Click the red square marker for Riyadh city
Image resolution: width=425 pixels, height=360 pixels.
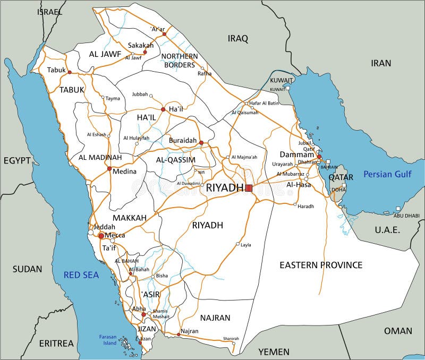[x=249, y=188]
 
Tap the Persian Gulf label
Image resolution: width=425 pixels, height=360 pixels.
[x=387, y=174]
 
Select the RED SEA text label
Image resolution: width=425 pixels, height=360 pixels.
[x=81, y=275]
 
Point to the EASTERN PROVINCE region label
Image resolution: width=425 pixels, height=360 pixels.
[x=321, y=264]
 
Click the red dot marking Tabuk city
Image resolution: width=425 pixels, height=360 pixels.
[x=69, y=72]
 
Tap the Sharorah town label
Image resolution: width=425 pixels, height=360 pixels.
[x=231, y=338]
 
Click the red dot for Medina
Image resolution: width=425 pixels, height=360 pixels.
[x=109, y=169]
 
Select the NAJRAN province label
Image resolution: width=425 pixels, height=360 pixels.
[x=215, y=318]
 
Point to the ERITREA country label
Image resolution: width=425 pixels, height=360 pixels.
[x=56, y=344]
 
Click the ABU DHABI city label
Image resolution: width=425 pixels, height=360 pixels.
[x=406, y=216]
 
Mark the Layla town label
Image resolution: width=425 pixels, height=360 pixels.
[x=246, y=245]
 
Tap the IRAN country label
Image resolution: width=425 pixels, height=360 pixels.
[x=381, y=63]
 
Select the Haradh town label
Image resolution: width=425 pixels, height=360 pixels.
[x=306, y=206]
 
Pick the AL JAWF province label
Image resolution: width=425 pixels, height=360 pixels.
[x=91, y=54]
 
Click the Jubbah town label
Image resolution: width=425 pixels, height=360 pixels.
[x=140, y=95]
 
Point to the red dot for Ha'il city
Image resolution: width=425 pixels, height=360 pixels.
[x=163, y=109]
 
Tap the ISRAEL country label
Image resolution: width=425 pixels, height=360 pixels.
[x=49, y=11]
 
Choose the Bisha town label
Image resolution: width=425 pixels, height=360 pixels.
[x=162, y=276]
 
